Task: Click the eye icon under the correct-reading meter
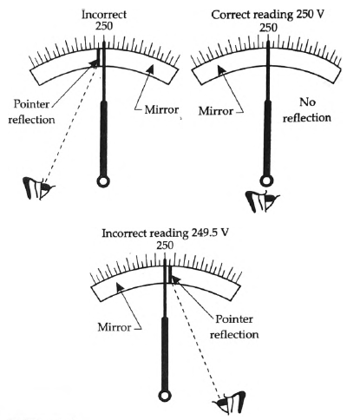262,201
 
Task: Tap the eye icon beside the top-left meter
38,188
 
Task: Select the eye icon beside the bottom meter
230,403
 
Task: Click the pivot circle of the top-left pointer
103,181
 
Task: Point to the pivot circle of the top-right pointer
266,181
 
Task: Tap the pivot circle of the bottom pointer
165,396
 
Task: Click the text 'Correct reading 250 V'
267,15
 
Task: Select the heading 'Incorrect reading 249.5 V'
166,233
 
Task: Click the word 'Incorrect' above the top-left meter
104,15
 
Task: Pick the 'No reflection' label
307,110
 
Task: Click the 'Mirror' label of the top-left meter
161,109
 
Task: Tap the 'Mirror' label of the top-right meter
216,111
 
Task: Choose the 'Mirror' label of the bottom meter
115,327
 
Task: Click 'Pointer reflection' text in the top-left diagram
31,112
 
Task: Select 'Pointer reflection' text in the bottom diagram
234,327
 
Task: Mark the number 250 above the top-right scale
268,28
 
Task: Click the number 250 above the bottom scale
165,246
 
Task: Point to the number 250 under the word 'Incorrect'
104,26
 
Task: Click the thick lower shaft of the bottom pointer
165,353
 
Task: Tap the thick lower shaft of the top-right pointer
267,138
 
